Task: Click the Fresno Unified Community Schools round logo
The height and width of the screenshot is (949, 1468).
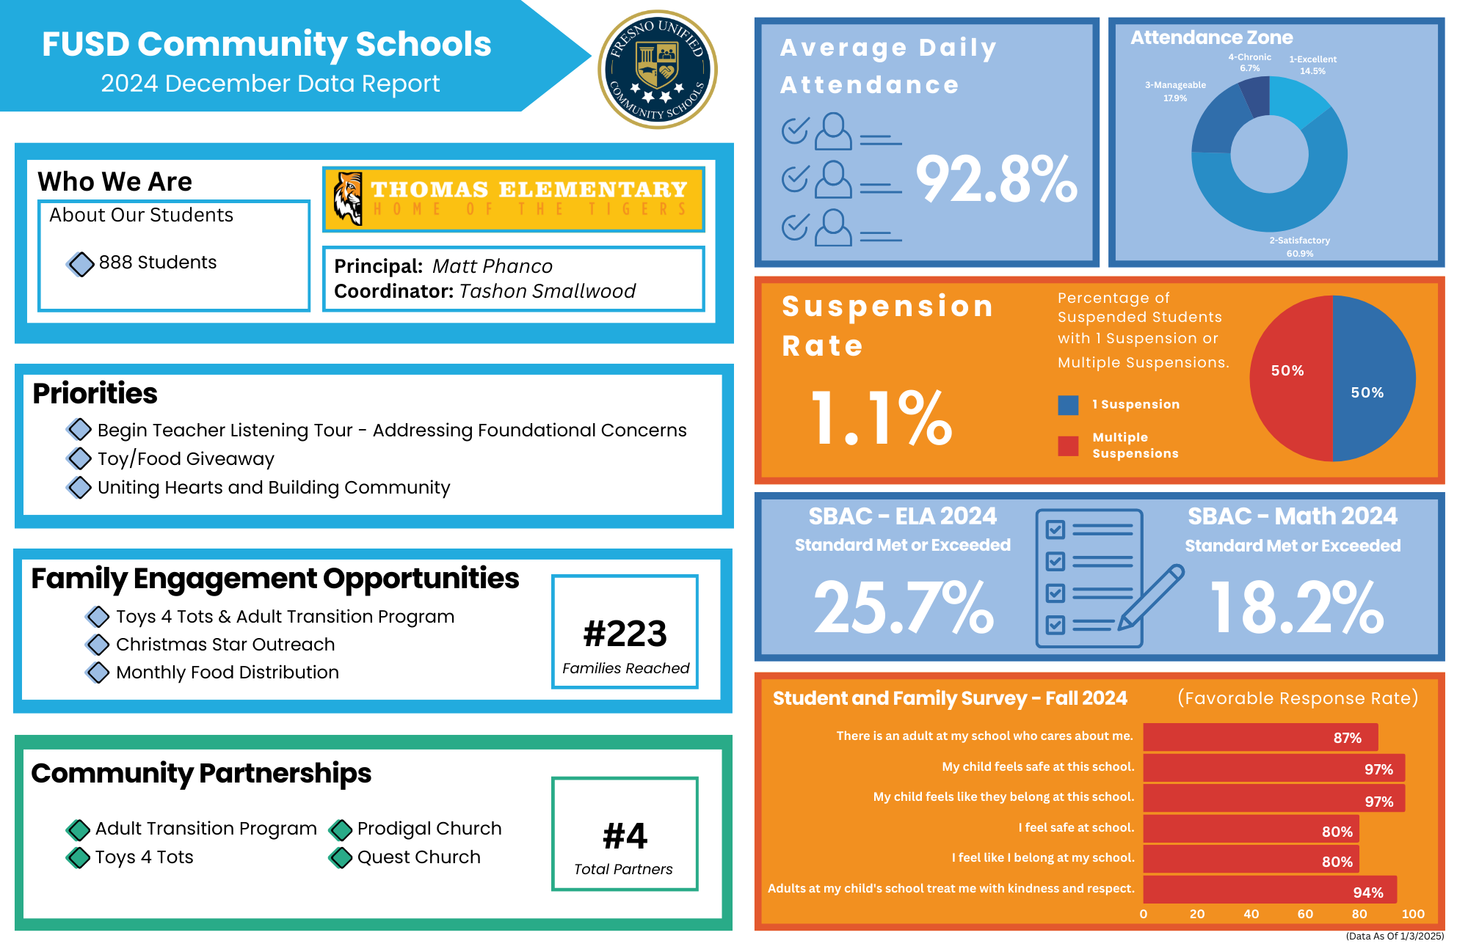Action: [x=658, y=70]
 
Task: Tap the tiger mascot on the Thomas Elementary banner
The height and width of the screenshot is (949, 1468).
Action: [x=348, y=198]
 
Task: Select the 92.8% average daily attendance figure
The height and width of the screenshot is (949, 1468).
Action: [x=996, y=180]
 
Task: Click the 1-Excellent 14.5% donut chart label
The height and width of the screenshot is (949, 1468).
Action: [x=1312, y=65]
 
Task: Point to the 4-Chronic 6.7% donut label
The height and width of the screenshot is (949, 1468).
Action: [x=1249, y=62]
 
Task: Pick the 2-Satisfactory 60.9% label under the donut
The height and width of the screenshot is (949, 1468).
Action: [x=1299, y=246]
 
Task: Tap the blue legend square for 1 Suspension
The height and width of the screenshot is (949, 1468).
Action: [x=1068, y=405]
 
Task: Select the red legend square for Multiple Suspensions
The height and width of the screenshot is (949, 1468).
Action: [x=1068, y=446]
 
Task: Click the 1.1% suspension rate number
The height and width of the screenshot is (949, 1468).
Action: [x=881, y=418]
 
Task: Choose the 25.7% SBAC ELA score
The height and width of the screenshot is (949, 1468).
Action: [x=904, y=607]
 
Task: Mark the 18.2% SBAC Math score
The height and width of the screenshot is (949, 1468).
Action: [x=1296, y=607]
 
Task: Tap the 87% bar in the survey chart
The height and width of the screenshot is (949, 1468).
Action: [x=1260, y=737]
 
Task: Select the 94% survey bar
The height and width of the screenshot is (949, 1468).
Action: [x=1270, y=890]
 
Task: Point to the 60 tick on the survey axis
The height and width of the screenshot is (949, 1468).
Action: [x=1305, y=914]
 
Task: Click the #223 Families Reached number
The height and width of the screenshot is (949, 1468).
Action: [x=625, y=634]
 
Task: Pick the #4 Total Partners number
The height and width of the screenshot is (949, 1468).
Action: [x=625, y=836]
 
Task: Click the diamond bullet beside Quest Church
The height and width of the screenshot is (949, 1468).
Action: [x=341, y=857]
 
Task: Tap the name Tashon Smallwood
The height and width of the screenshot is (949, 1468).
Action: [x=547, y=291]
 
